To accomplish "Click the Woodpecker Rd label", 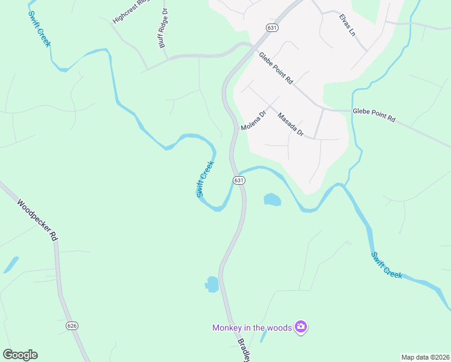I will point(37,221).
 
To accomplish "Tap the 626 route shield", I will point(72,326).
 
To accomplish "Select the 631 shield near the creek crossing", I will point(239,180).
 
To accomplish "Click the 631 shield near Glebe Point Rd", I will point(273,27).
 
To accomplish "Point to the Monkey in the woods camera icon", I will point(301,327).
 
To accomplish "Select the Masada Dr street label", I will point(290,125).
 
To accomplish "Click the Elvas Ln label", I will point(347,25).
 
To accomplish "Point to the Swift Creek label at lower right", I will point(386,265).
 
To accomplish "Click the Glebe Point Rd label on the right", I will point(373,115).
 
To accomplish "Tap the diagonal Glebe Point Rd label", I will point(276,68).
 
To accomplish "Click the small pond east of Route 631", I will point(272,199).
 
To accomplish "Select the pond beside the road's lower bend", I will point(212,283).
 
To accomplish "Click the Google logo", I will point(20,355).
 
